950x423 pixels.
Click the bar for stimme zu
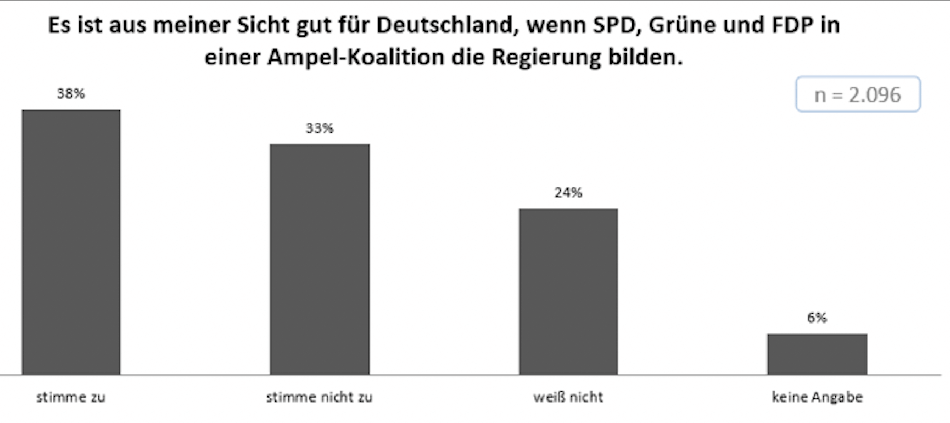pos(71,242)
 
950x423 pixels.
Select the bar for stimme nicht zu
pos(320,259)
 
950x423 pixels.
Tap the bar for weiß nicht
pos(568,291)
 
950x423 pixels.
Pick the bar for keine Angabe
pos(817,354)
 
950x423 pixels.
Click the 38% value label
pos(71,94)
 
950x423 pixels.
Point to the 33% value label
pos(320,128)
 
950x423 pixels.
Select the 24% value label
pos(568,192)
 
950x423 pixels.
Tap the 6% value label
pos(817,318)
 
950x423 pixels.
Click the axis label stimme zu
pos(71,397)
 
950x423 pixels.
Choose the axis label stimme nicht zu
pos(320,397)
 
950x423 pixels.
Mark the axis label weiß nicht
pos(568,397)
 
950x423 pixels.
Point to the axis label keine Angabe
pos(817,397)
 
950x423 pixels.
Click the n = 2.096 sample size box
pos(858,94)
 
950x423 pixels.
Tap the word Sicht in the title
pos(264,25)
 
